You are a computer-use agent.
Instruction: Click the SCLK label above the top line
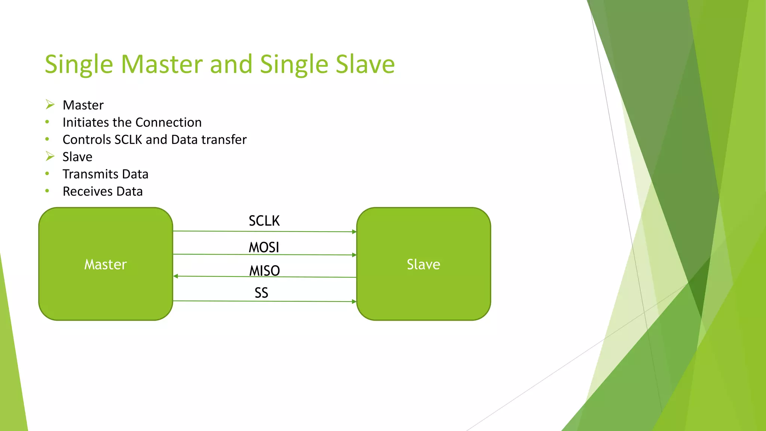point(264,221)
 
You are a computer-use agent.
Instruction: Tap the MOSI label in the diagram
point(264,247)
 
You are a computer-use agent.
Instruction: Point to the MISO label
point(264,270)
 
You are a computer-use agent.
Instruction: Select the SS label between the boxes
point(261,293)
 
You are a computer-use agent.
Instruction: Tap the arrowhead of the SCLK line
point(354,232)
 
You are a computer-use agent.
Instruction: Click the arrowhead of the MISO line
point(175,276)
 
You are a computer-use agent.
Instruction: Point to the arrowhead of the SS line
point(354,302)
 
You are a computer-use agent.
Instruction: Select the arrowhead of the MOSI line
point(354,255)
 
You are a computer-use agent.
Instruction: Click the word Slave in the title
point(365,64)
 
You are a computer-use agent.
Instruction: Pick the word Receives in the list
point(88,191)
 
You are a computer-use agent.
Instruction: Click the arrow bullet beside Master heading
point(50,104)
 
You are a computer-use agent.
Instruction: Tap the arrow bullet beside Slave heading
point(50,156)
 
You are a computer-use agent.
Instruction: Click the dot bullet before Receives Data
point(47,191)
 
